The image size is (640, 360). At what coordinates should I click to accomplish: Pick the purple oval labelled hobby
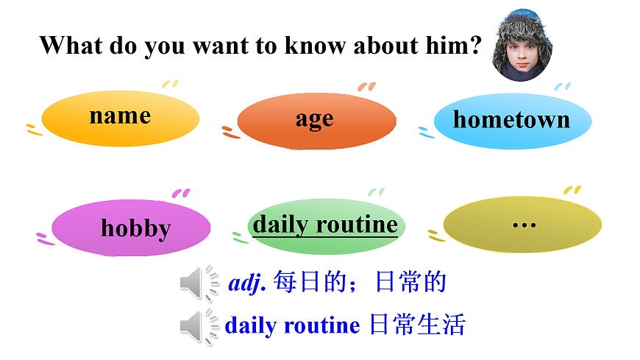132,229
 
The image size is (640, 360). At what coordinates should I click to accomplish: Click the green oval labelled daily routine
324,225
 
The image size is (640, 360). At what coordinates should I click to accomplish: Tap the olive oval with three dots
523,224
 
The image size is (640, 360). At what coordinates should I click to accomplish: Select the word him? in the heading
456,46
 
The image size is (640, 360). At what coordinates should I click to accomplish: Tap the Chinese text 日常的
410,283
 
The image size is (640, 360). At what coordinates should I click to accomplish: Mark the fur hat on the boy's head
521,26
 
